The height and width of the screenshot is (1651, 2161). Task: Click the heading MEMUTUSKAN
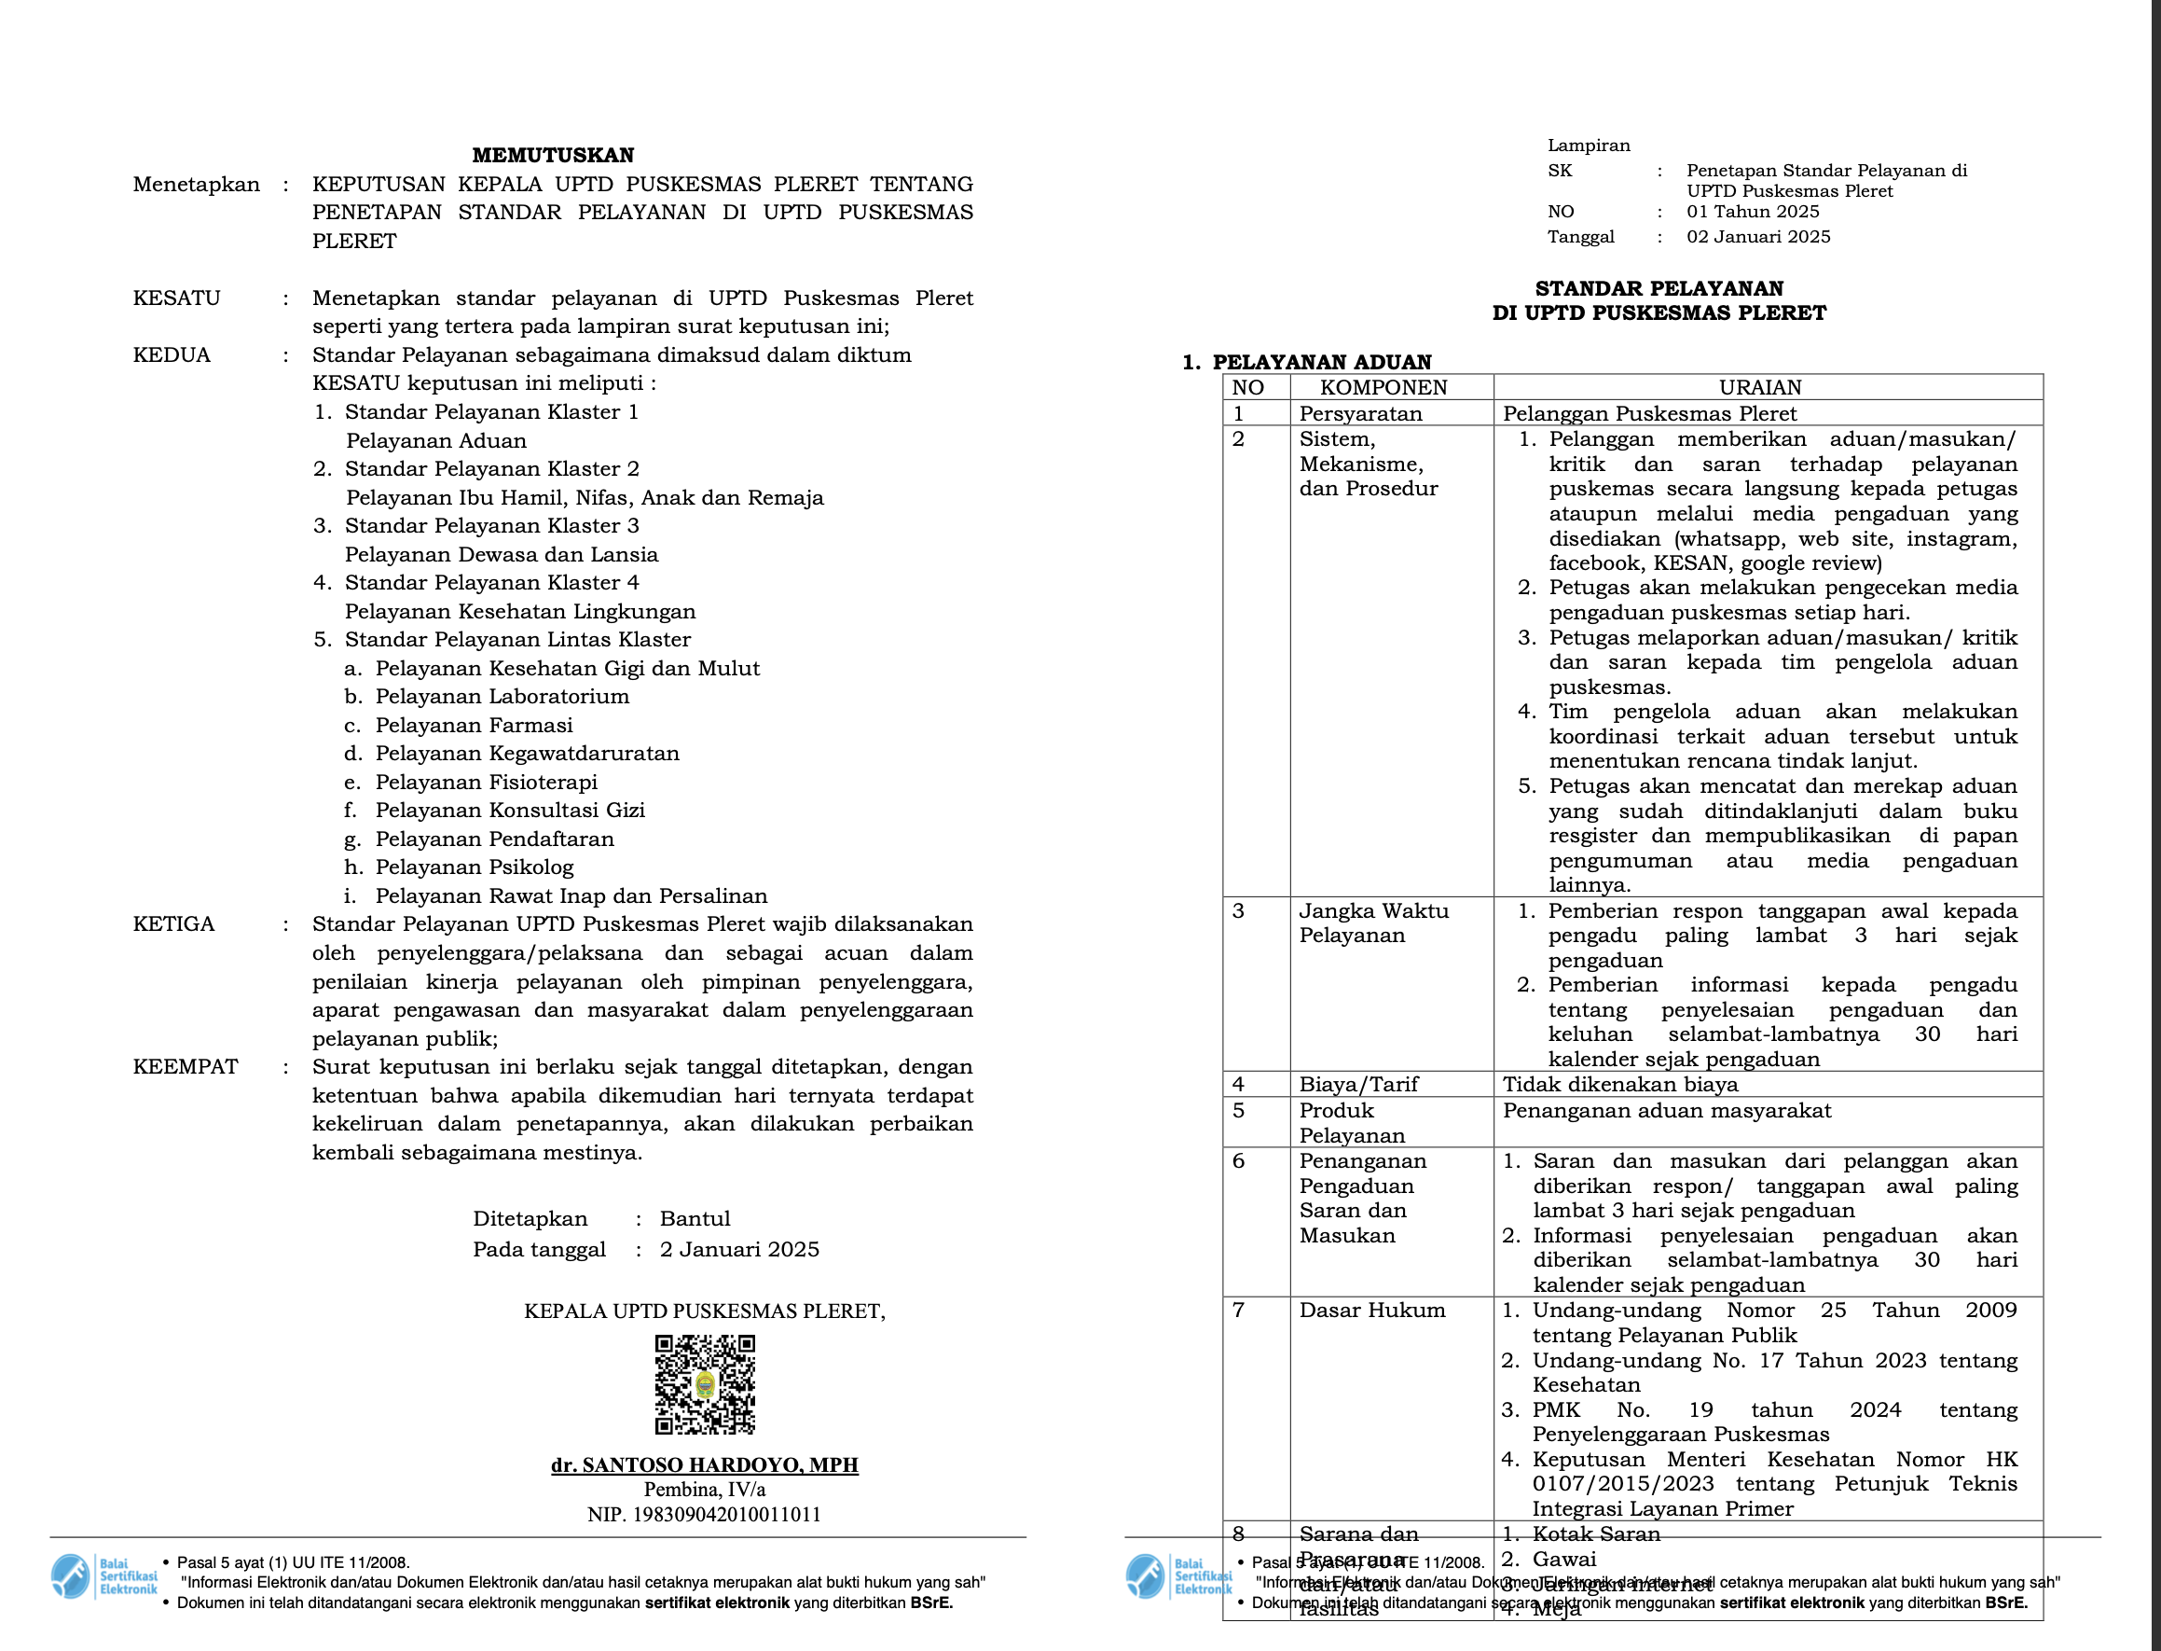click(553, 155)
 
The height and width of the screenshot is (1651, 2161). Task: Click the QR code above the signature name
click(706, 1383)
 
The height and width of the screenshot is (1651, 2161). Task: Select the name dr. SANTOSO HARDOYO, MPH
click(704, 1465)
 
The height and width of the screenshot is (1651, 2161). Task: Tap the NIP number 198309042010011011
click(704, 1515)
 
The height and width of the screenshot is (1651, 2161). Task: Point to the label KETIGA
click(173, 924)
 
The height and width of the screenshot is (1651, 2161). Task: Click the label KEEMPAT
click(186, 1067)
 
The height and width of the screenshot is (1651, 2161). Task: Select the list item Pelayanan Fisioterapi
click(487, 783)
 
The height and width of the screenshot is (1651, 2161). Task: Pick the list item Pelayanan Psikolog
click(475, 867)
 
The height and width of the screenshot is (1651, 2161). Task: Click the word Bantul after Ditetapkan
click(695, 1219)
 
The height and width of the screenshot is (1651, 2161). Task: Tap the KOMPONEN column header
click(1383, 387)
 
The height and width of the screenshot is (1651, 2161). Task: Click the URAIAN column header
click(1760, 387)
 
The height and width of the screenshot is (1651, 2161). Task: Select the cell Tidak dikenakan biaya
click(1620, 1085)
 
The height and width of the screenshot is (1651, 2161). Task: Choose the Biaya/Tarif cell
click(1358, 1085)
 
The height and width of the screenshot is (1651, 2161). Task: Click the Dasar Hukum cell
click(1372, 1311)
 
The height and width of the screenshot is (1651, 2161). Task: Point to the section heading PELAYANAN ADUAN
click(1322, 363)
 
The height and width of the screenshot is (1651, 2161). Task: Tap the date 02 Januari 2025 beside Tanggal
click(1758, 237)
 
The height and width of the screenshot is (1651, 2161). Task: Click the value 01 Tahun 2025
click(1753, 213)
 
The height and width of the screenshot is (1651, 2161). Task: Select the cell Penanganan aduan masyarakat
click(1667, 1112)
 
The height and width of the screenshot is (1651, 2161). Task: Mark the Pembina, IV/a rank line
click(704, 1490)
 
